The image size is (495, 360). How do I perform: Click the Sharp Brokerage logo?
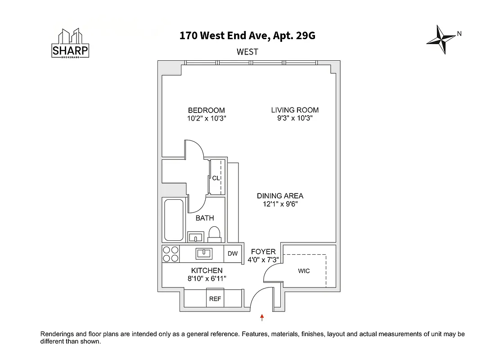[x=71, y=44]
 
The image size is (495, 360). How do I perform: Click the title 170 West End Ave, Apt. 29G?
[x=247, y=36]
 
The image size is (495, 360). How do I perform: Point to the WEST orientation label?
[x=247, y=52]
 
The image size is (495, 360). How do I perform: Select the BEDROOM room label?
[x=206, y=110]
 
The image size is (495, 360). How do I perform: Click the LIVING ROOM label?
[x=295, y=110]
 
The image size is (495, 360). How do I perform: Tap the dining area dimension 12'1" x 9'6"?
[x=280, y=204]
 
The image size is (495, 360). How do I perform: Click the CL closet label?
[x=216, y=178]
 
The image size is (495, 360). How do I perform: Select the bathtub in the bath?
[x=174, y=220]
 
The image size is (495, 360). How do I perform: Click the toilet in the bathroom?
[x=214, y=234]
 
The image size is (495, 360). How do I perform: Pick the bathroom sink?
[x=196, y=237]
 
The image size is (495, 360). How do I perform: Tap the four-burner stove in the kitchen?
[x=171, y=254]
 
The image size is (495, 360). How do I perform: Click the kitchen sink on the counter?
[x=204, y=254]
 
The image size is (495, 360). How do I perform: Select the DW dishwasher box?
[x=232, y=254]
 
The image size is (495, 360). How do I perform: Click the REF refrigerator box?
[x=215, y=299]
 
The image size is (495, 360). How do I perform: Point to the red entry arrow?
[x=262, y=318]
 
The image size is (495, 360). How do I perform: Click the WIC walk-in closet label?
[x=304, y=271]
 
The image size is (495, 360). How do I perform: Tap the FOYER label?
[x=263, y=252]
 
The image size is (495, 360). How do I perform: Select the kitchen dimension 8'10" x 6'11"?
[x=207, y=279]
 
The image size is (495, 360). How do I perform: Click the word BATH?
[x=205, y=218]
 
